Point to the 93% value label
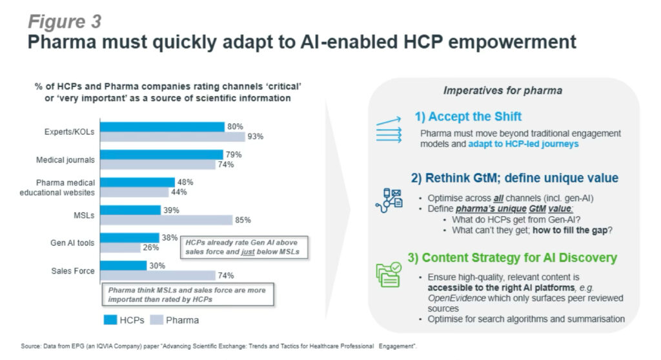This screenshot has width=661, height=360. [256, 136]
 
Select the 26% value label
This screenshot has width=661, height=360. [150, 247]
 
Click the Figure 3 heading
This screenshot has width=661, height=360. [64, 21]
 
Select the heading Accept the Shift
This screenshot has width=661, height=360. [468, 117]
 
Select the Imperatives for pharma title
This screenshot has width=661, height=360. [503, 90]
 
